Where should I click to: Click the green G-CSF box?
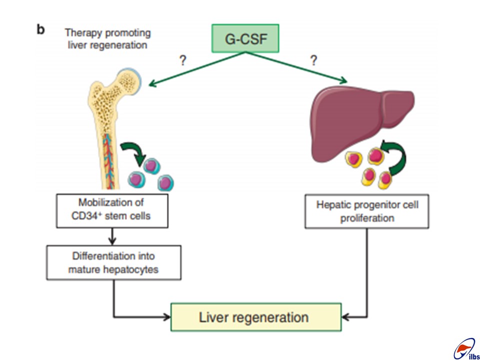pyautogui.click(x=245, y=38)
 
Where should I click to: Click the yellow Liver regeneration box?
pyautogui.click(x=256, y=317)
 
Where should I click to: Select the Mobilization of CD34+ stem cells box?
pyautogui.click(x=112, y=210)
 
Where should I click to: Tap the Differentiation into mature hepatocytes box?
pyautogui.click(x=113, y=262)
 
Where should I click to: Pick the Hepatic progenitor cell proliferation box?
pyautogui.click(x=366, y=211)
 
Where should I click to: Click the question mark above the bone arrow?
pyautogui.click(x=182, y=61)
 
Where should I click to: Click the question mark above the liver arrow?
pyautogui.click(x=313, y=60)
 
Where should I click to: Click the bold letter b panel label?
pyautogui.click(x=40, y=30)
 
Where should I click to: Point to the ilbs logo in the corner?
pyautogui.click(x=466, y=349)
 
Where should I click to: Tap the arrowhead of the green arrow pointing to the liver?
pyautogui.click(x=343, y=80)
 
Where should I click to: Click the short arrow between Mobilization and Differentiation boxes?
pyautogui.click(x=112, y=236)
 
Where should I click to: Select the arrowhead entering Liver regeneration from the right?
pyautogui.click(x=346, y=317)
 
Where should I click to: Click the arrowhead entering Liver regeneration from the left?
pyautogui.click(x=166, y=317)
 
